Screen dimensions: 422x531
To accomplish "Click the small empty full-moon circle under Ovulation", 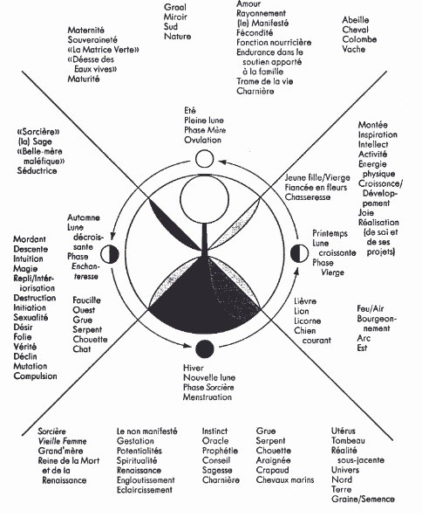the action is [205, 159].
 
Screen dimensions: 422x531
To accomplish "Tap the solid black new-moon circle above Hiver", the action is [205, 348].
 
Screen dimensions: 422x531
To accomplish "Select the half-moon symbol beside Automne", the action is [110, 254].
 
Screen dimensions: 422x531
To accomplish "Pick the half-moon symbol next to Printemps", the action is [300, 252].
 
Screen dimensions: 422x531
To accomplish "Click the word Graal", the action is [175, 7].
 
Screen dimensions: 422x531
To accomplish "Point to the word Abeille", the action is [356, 19].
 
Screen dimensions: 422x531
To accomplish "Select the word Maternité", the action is [86, 31].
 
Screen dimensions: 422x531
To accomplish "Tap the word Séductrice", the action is [37, 170].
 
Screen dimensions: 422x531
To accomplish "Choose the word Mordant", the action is [30, 239].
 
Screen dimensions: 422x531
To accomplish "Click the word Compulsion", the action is [35, 376].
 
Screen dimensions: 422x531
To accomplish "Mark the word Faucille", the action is [86, 300].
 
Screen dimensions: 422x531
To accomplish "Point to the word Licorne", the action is [308, 321].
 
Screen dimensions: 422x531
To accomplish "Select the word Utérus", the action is [344, 431].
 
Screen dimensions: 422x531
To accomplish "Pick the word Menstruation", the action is [208, 397].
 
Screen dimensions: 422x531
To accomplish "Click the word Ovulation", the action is [202, 140].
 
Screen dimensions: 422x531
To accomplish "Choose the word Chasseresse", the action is [308, 197].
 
